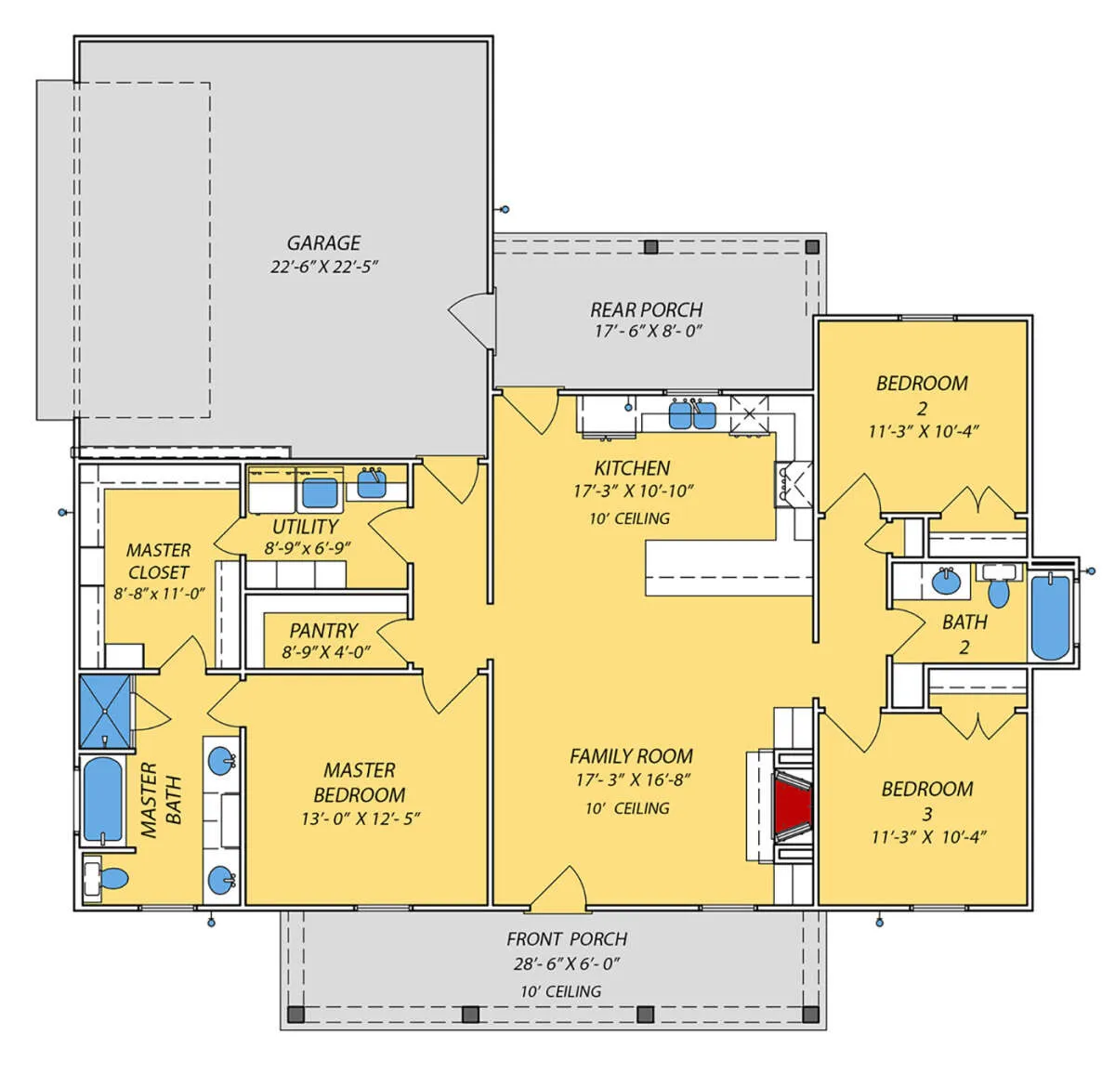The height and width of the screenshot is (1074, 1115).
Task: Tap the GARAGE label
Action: (x=323, y=242)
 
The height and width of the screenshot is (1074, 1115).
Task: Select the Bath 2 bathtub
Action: (x=1050, y=618)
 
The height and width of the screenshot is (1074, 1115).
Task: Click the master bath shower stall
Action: (x=105, y=711)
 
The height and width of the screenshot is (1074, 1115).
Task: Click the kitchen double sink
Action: (x=692, y=414)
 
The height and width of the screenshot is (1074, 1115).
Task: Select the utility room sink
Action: (x=372, y=483)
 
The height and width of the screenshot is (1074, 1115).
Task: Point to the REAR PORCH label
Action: (x=647, y=310)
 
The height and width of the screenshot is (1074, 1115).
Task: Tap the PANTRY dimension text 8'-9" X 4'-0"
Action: (x=326, y=652)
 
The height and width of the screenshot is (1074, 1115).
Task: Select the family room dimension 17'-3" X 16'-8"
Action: (x=633, y=780)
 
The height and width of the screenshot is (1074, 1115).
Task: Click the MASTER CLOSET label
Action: (x=158, y=561)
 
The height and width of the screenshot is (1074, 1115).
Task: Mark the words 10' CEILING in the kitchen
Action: (x=629, y=518)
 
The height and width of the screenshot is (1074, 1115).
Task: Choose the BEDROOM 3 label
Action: (x=927, y=801)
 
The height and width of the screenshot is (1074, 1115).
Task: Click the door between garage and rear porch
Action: (x=472, y=321)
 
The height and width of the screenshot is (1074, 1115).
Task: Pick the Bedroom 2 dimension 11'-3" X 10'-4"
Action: (x=923, y=431)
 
